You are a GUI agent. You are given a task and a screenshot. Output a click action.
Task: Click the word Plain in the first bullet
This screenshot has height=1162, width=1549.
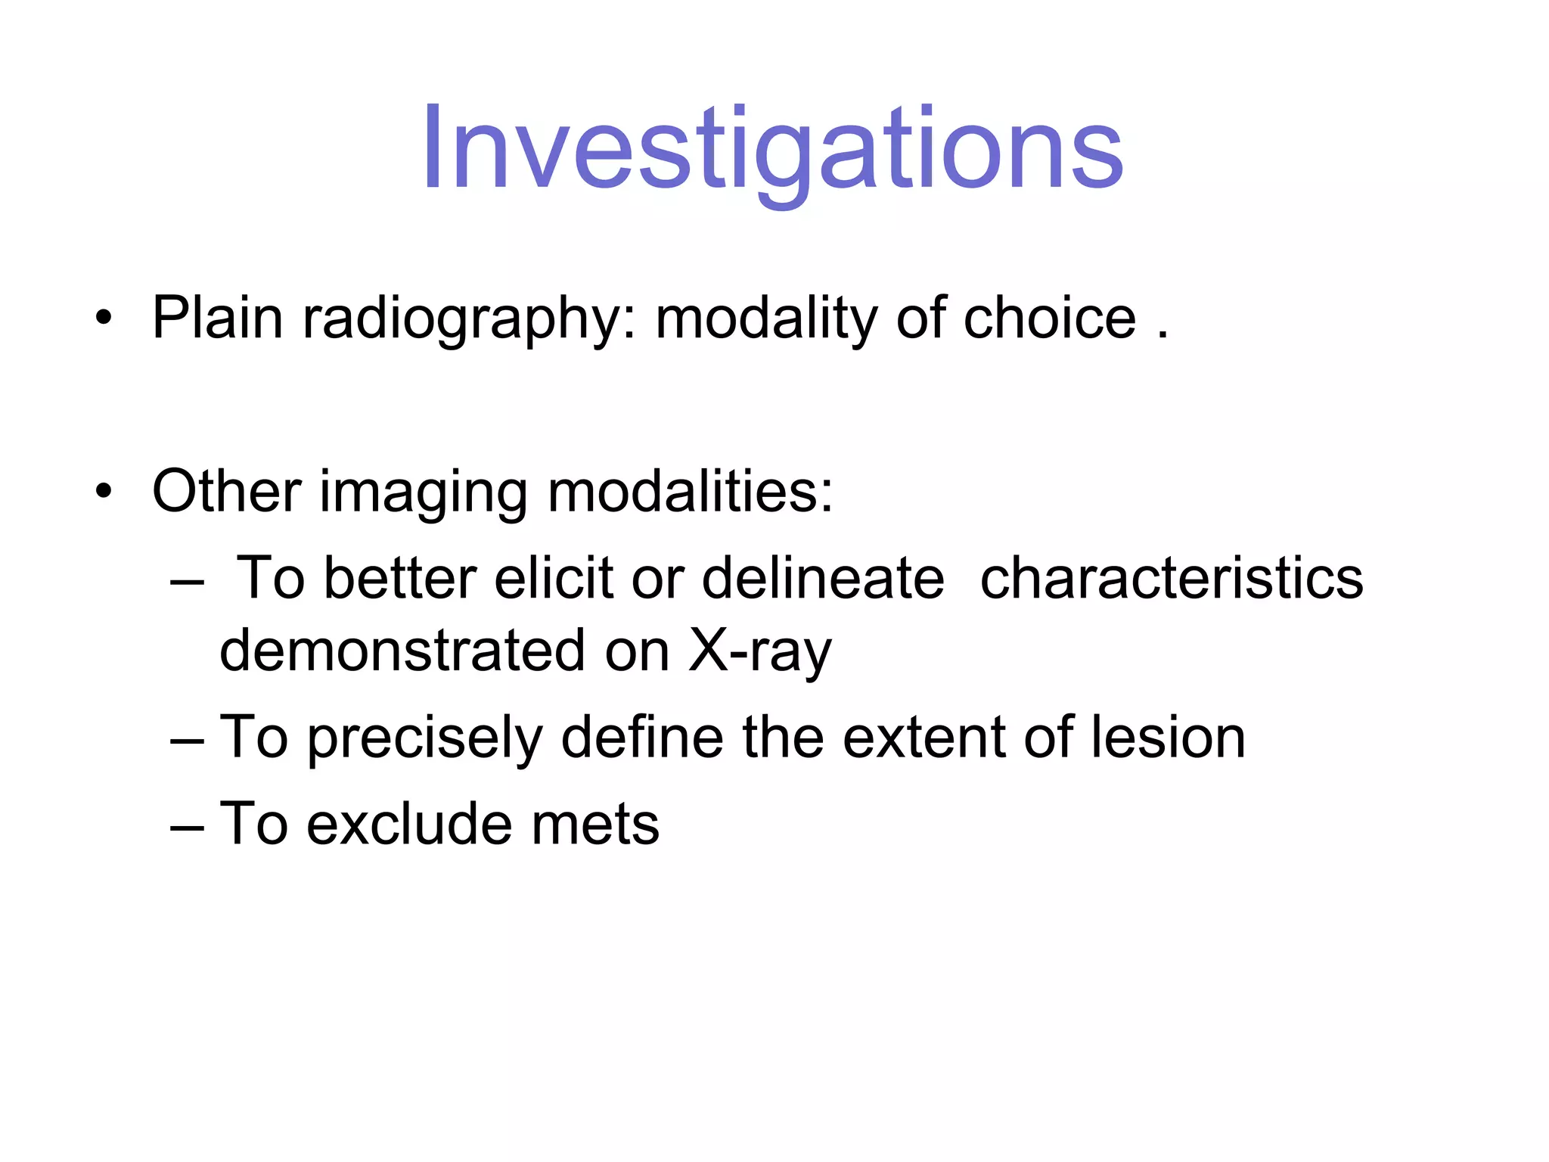[x=217, y=318]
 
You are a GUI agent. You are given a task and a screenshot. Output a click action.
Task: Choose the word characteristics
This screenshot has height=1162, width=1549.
[x=1172, y=578]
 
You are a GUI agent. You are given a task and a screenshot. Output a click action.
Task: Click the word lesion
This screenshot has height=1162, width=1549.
[x=1168, y=737]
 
